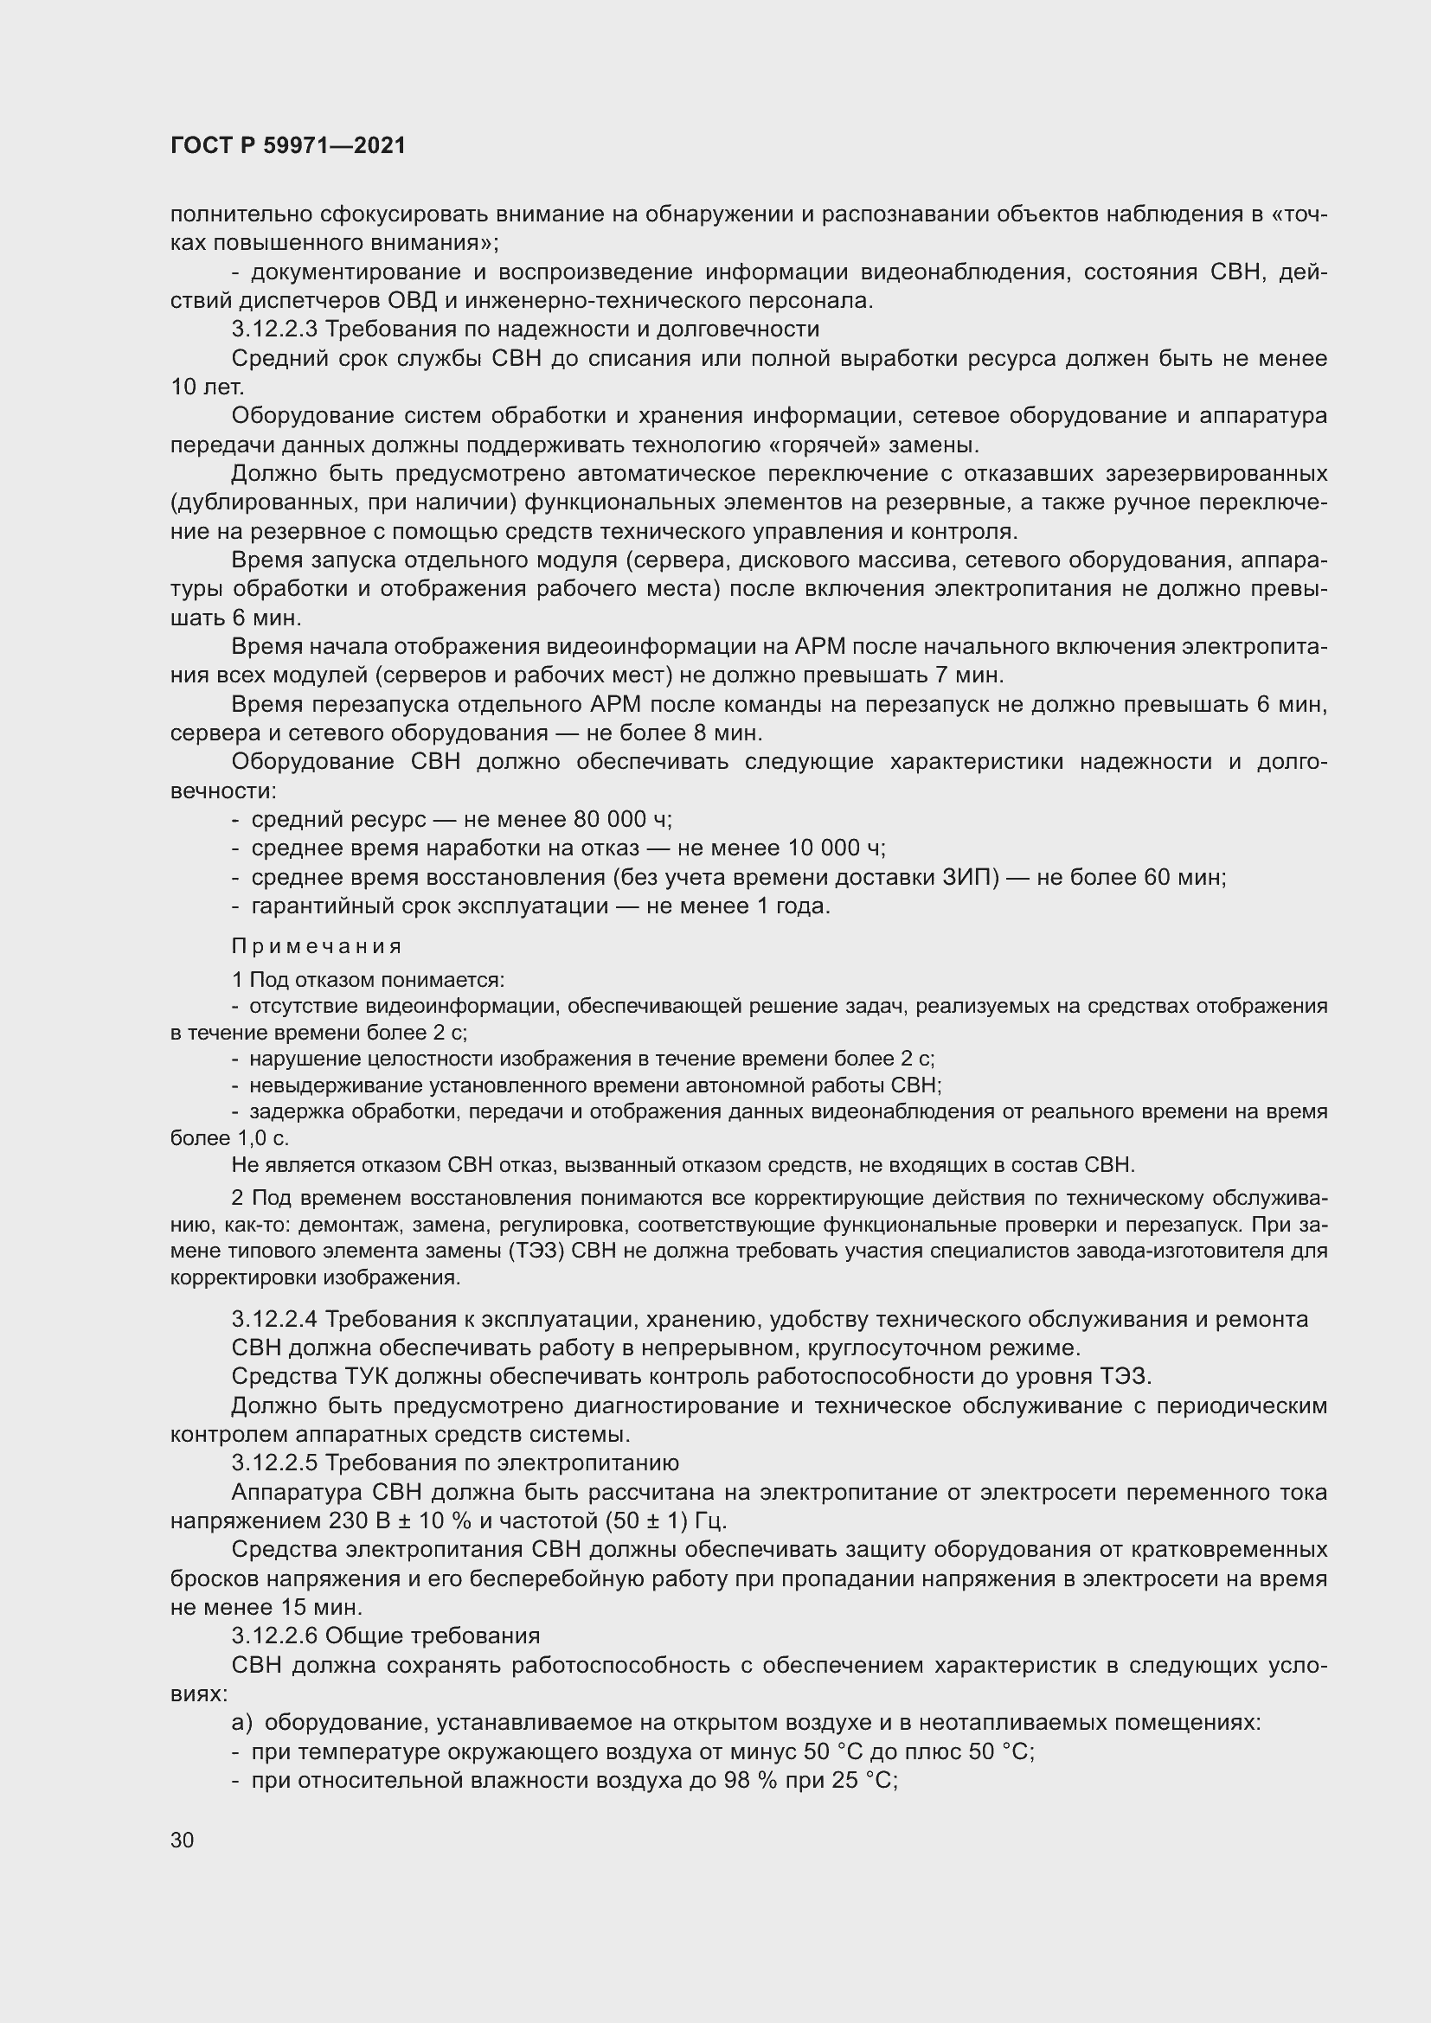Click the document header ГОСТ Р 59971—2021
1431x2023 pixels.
click(288, 146)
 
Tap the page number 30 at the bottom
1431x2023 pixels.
click(183, 1840)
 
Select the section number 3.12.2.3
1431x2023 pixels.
click(275, 330)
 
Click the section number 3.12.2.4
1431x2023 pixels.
click(275, 1319)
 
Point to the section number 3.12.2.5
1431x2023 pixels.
click(275, 1463)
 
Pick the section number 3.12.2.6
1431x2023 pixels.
click(275, 1636)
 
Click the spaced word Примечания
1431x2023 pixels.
click(317, 946)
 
